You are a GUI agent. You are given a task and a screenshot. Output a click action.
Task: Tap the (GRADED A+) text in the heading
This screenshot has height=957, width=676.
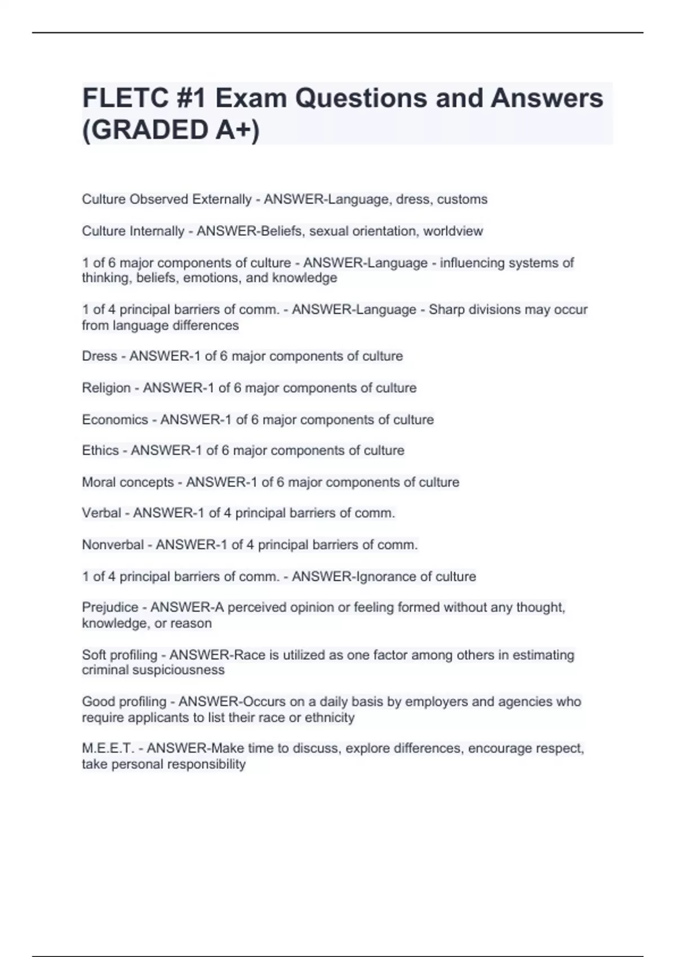coord(171,130)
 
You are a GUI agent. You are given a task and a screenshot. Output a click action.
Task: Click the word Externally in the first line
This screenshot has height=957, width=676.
coord(222,199)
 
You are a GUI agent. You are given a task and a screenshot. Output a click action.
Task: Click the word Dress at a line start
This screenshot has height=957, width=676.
coord(99,356)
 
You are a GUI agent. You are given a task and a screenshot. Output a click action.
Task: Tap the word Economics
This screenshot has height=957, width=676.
coord(115,420)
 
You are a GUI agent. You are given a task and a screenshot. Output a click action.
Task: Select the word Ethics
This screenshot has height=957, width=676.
coord(100,450)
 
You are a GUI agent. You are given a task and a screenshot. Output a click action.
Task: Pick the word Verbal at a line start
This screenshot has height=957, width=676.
coord(101,513)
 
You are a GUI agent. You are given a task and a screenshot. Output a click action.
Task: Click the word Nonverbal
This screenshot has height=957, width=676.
coord(113,545)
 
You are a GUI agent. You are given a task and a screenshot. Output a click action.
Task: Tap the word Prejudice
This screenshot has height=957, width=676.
coord(110,607)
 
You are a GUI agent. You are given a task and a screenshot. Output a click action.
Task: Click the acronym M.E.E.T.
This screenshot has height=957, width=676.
coord(108,749)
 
